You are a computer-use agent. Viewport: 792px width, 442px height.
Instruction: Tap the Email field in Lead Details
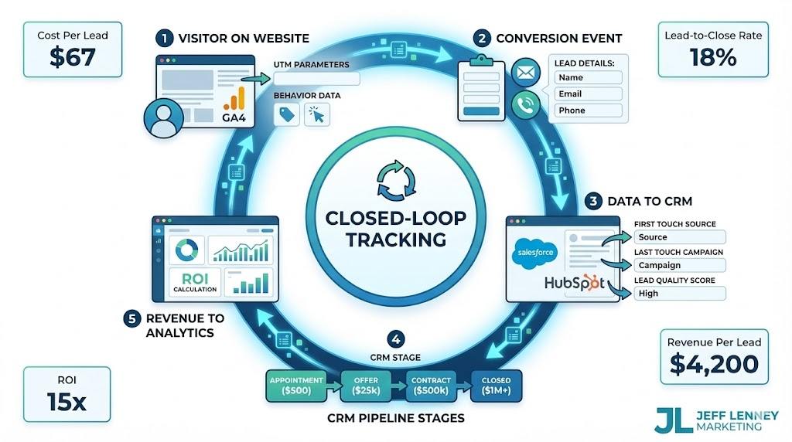588,94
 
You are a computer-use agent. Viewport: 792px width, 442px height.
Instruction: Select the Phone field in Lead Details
588,110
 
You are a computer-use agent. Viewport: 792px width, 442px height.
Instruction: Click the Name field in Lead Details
588,78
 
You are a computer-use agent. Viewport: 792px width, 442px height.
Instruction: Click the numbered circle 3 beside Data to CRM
593,202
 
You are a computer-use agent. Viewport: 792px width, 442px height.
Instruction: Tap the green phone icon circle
526,104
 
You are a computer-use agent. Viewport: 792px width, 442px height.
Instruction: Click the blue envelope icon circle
526,74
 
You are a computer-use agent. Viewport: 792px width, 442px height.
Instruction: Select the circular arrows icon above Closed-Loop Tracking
395,179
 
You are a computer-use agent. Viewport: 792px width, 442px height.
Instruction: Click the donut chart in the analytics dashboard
186,250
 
